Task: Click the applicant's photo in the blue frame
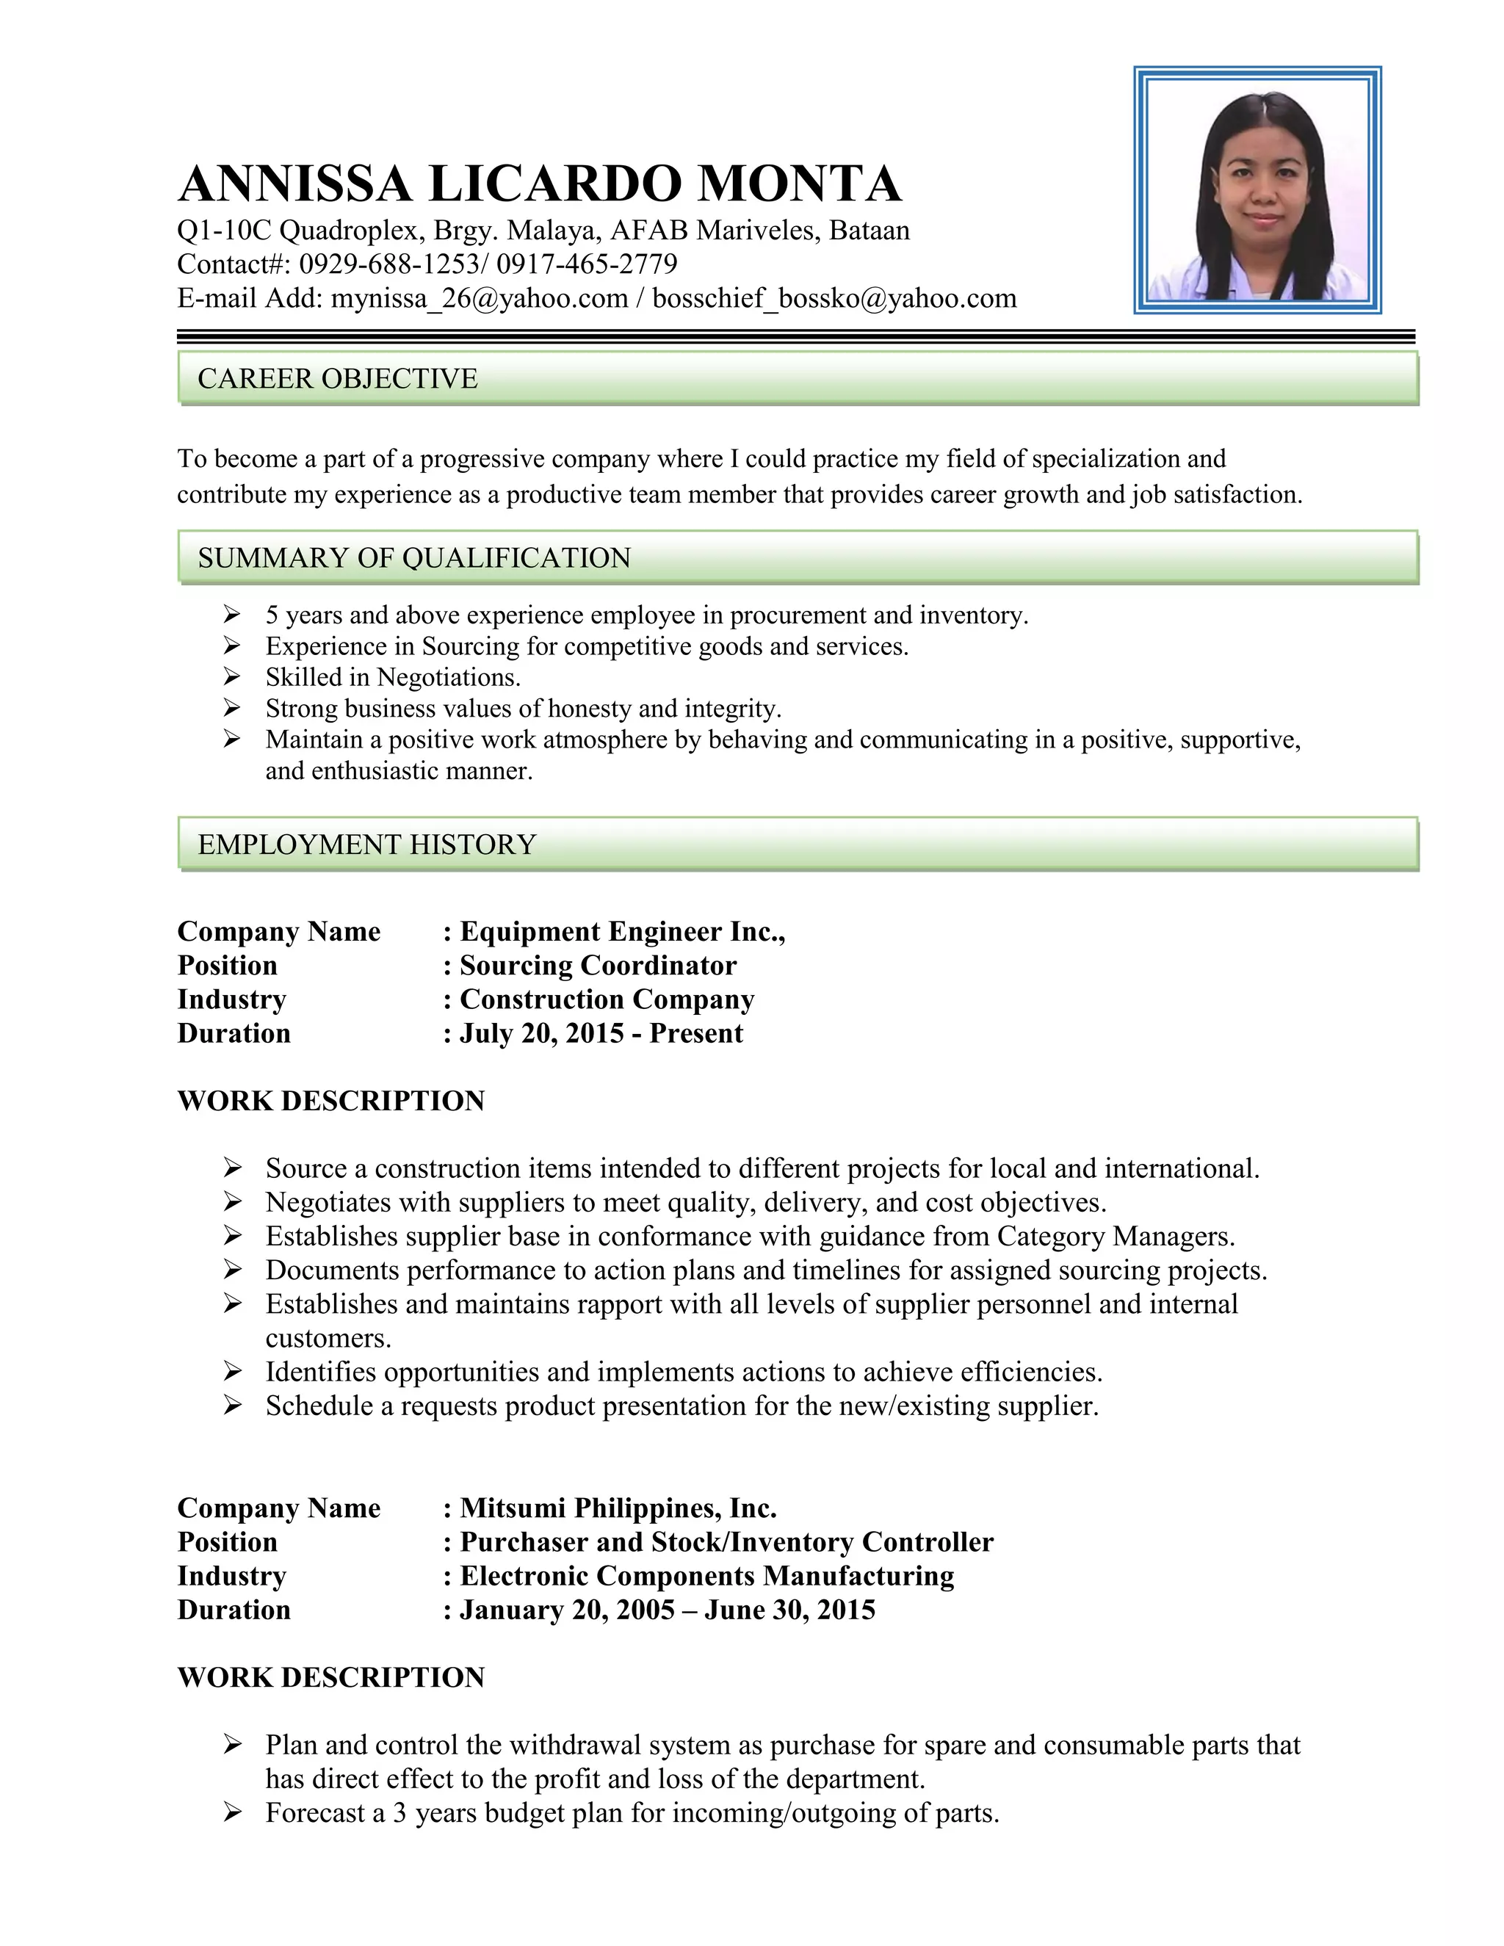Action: click(x=1257, y=189)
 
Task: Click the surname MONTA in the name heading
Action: click(x=799, y=184)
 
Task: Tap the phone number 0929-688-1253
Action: click(x=388, y=264)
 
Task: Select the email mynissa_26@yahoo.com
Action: click(x=480, y=297)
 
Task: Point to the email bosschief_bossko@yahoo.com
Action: click(x=834, y=297)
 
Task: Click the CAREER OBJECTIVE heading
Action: click(x=338, y=379)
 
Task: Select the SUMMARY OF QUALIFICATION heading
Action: click(x=414, y=558)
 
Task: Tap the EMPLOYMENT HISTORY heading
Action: click(x=367, y=844)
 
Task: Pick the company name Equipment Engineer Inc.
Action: click(x=622, y=931)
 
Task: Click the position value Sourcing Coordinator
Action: click(x=598, y=965)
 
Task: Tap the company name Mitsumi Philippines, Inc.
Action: click(x=618, y=1508)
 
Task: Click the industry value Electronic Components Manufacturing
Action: click(x=706, y=1575)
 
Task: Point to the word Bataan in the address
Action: click(x=869, y=231)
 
